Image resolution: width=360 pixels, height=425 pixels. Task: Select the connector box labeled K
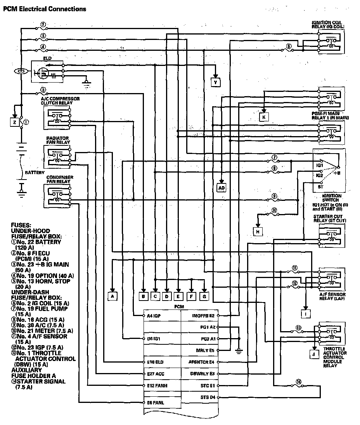point(264,117)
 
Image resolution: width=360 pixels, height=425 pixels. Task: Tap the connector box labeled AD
point(221,188)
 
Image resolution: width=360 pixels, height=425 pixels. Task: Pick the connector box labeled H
point(258,232)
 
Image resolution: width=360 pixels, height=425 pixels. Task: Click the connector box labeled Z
point(14,123)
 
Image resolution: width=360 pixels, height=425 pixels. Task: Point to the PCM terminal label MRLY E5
point(206,350)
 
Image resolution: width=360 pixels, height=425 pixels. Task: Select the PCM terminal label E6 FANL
point(156,403)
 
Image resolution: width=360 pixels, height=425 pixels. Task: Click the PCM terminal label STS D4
point(207,397)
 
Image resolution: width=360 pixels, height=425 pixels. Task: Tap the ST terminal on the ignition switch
point(320,187)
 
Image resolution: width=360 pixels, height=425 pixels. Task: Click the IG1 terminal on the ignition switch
point(320,165)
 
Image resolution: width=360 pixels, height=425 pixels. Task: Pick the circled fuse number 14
point(299,382)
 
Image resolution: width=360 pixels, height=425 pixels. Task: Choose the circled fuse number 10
point(274,211)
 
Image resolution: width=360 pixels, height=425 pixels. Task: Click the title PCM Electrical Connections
point(45,9)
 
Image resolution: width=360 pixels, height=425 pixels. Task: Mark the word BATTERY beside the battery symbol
point(35,172)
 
